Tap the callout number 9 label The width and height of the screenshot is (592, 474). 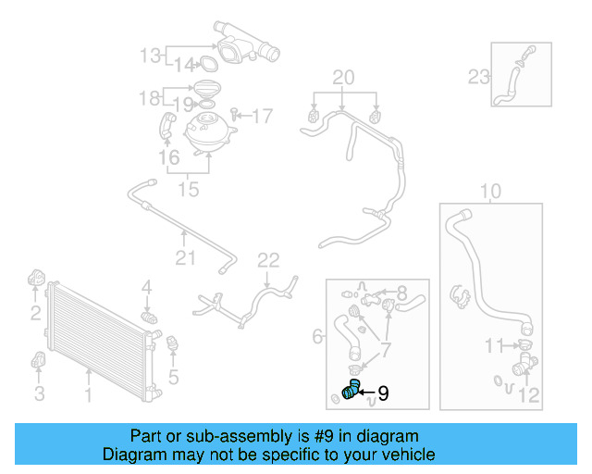tap(383, 393)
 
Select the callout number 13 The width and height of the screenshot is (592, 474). tap(150, 56)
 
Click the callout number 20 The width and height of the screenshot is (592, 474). tap(343, 76)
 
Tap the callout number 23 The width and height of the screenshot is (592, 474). tap(478, 76)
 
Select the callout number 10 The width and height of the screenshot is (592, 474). tap(490, 192)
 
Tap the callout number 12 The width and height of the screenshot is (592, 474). tap(528, 397)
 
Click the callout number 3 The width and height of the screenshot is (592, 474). tap(39, 395)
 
